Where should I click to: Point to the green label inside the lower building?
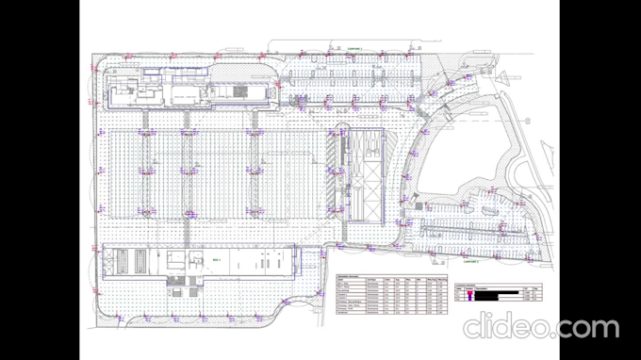pos(216,259)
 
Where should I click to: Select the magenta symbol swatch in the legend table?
pos(469,294)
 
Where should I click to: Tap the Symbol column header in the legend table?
pos(468,288)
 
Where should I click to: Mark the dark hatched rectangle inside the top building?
pos(241,91)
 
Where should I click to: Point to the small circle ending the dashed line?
pos(271,42)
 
